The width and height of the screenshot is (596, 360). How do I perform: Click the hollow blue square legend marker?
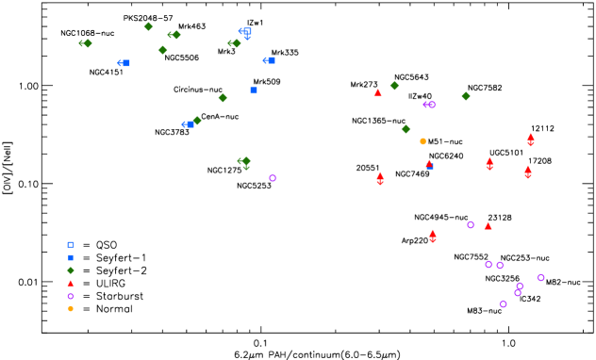pyautogui.click(x=71, y=245)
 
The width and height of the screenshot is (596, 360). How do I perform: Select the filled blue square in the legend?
pyautogui.click(x=71, y=257)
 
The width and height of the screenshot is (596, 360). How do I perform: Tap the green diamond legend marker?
pyautogui.click(x=71, y=270)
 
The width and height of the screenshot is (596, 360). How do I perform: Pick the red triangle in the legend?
pyautogui.click(x=71, y=283)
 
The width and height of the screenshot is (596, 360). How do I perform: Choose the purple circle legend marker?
pyautogui.click(x=71, y=296)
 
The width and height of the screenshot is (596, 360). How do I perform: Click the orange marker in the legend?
pyautogui.click(x=71, y=308)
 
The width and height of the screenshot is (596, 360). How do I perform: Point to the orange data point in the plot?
pyautogui.click(x=422, y=141)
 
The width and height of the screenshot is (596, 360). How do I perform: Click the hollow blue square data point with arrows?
pyautogui.click(x=247, y=31)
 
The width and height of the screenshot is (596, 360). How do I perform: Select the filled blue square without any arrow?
pyautogui.click(x=254, y=90)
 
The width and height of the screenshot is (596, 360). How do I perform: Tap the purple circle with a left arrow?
pyautogui.click(x=431, y=105)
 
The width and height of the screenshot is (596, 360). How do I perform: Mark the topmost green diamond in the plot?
pyautogui.click(x=148, y=26)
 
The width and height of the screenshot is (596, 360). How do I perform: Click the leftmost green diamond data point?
pyautogui.click(x=88, y=43)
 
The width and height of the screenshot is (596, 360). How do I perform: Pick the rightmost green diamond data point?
pyautogui.click(x=465, y=96)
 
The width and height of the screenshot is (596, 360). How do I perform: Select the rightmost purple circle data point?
pyautogui.click(x=540, y=277)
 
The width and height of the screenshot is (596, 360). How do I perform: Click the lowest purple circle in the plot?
pyautogui.click(x=503, y=303)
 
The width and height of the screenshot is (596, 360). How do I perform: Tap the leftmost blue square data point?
pyautogui.click(x=125, y=63)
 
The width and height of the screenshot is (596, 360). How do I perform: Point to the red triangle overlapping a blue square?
pyautogui.click(x=429, y=164)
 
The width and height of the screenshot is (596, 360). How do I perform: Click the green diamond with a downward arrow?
pyautogui.click(x=246, y=161)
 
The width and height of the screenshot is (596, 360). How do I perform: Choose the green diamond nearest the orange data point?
pyautogui.click(x=406, y=129)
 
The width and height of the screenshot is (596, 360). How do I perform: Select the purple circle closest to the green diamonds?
pyautogui.click(x=273, y=178)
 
